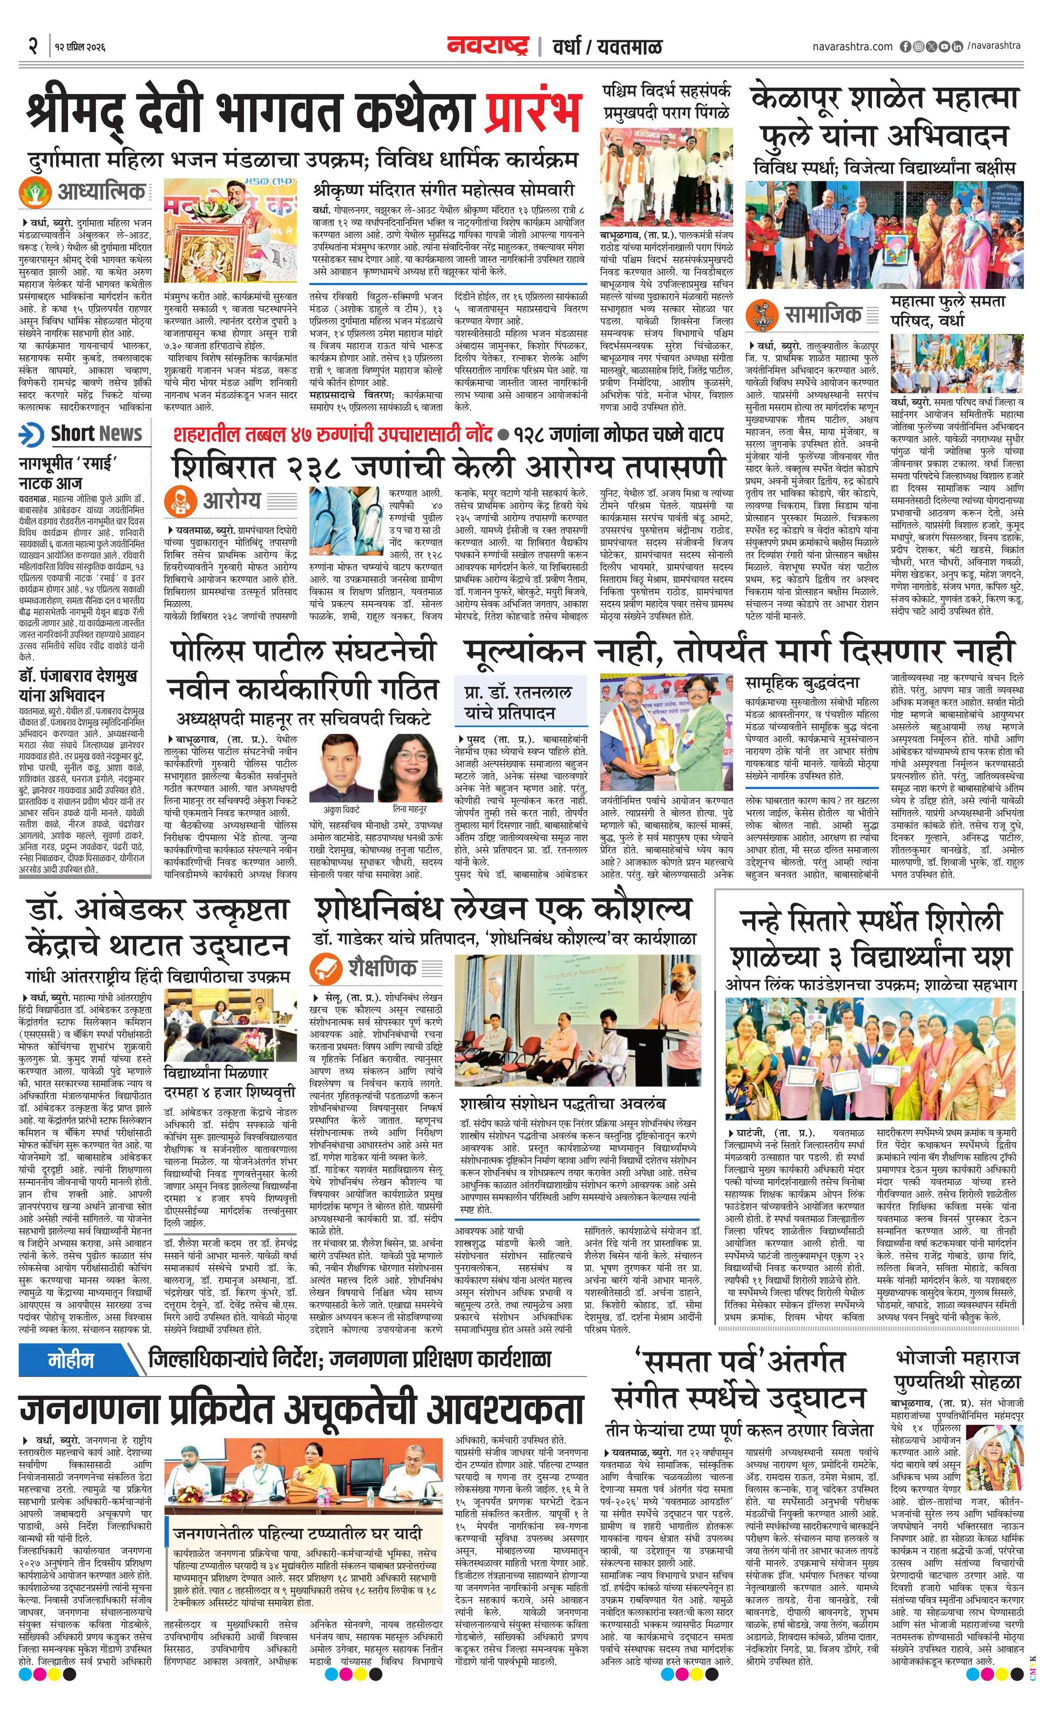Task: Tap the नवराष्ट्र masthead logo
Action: click(x=488, y=46)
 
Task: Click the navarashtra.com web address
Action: click(x=852, y=46)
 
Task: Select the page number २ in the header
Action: click(x=32, y=46)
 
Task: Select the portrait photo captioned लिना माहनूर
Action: click(x=410, y=768)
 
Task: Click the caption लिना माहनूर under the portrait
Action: click(x=410, y=809)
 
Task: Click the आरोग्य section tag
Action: click(x=232, y=500)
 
